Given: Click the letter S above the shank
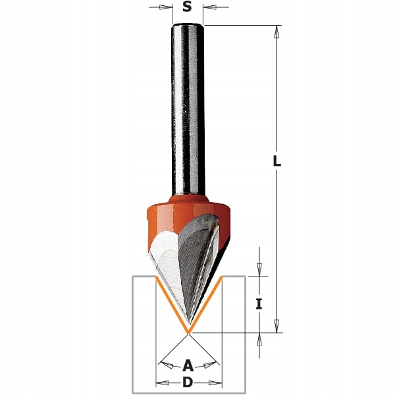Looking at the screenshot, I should tap(187, 8).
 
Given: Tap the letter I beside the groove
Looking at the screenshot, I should tap(259, 303).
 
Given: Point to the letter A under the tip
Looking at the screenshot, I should tap(188, 364).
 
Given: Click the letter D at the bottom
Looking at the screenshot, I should tap(188, 382).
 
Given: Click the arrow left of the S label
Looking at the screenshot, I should tap(160, 8).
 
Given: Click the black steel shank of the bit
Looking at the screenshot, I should tap(187, 105).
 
